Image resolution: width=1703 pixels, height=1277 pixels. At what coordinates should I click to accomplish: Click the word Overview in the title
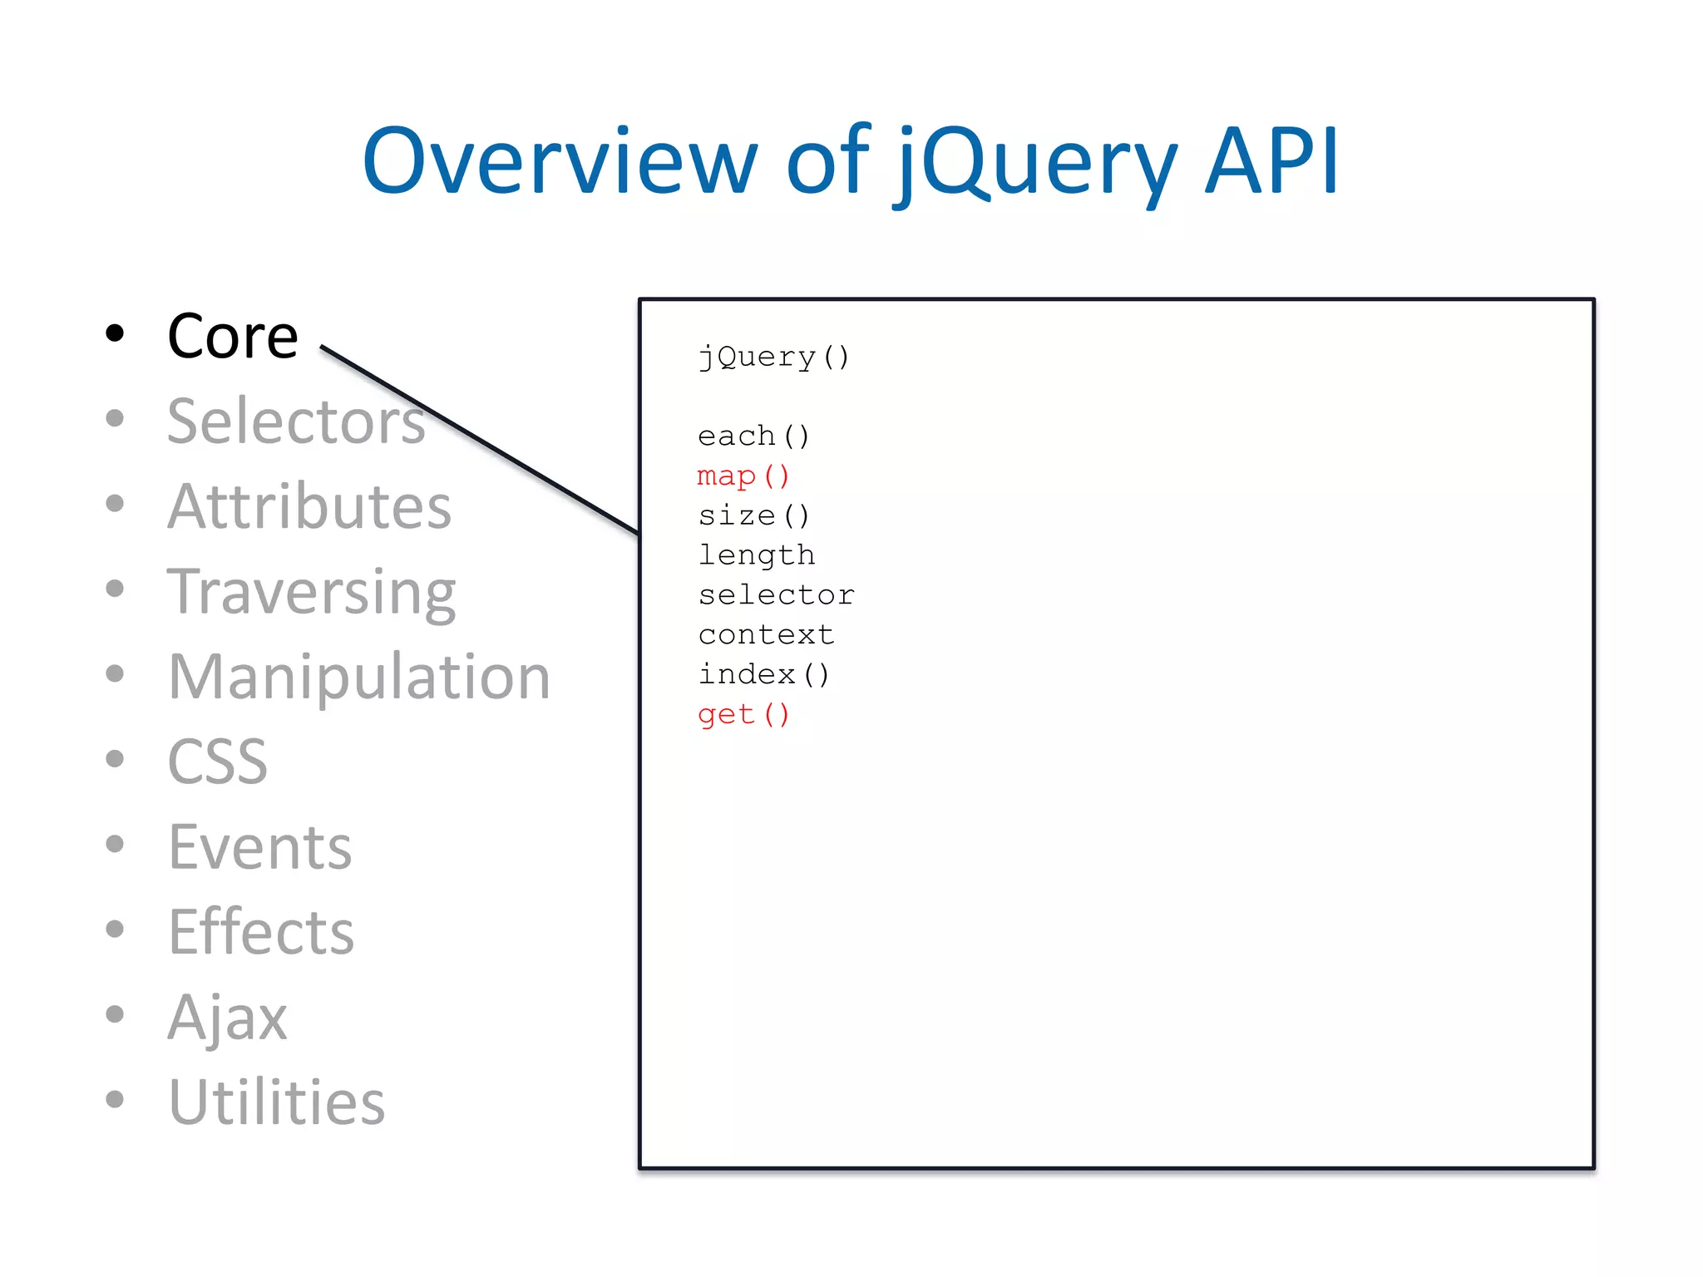pyautogui.click(x=559, y=161)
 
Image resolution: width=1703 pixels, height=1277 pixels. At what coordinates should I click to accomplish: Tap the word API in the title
pyautogui.click(x=1272, y=161)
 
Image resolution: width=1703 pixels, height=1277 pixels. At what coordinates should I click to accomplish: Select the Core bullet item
pyautogui.click(x=233, y=337)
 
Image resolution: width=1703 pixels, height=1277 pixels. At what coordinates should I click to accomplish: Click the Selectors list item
pyautogui.click(x=296, y=422)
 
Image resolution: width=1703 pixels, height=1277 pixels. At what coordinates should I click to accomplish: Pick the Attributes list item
pyautogui.click(x=309, y=507)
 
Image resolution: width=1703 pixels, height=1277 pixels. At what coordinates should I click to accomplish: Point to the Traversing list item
pyautogui.click(x=311, y=593)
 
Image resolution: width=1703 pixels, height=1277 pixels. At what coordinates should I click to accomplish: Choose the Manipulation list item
pyautogui.click(x=359, y=678)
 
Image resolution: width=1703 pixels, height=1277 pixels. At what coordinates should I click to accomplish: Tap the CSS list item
pyautogui.click(x=218, y=762)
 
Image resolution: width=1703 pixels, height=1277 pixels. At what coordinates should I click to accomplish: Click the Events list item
pyautogui.click(x=260, y=848)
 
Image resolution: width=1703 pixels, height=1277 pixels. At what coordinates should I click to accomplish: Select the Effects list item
pyautogui.click(x=261, y=933)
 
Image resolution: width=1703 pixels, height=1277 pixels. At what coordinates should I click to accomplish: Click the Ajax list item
pyautogui.click(x=228, y=1018)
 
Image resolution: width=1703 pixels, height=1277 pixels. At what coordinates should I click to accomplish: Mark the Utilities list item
pyautogui.click(x=277, y=1103)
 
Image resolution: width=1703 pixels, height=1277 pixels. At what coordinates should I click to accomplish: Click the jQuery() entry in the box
pyautogui.click(x=773, y=357)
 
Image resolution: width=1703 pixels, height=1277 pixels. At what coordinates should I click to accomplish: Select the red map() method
pyautogui.click(x=743, y=476)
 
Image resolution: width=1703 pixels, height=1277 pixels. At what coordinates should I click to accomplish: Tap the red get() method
pyautogui.click(x=743, y=714)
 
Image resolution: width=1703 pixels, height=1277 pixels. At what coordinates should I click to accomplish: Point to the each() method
pyautogui.click(x=753, y=436)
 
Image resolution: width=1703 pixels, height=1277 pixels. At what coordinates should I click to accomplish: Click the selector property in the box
pyautogui.click(x=776, y=595)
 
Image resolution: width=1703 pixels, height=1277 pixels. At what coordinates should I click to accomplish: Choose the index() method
pyautogui.click(x=763, y=674)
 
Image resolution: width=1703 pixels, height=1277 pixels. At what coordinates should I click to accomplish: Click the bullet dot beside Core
pyautogui.click(x=115, y=333)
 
